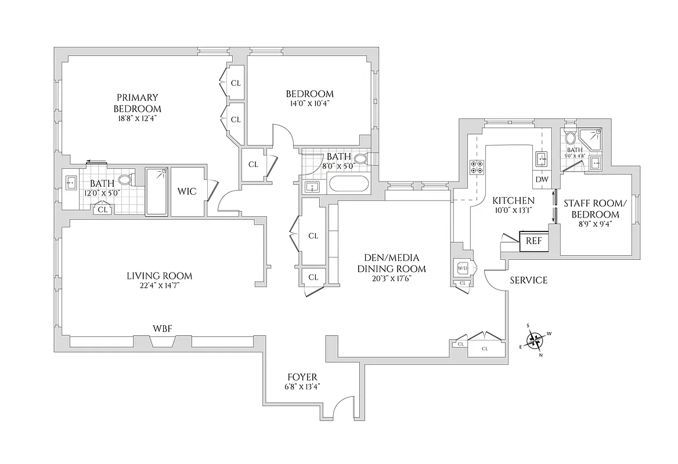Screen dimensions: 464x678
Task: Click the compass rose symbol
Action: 537,339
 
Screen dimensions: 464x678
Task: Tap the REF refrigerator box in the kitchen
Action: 533,241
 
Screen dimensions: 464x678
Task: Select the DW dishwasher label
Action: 542,179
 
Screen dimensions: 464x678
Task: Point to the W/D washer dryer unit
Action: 463,269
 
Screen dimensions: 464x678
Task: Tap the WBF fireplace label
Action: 162,329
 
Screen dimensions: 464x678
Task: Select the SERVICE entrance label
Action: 528,281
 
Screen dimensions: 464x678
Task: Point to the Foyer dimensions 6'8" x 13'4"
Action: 302,386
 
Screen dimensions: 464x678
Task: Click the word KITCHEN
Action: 513,201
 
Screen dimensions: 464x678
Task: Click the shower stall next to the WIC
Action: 156,191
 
